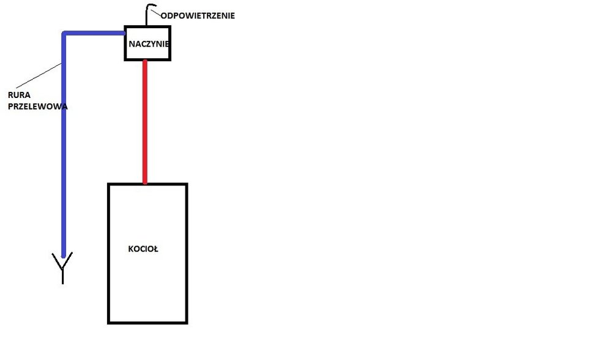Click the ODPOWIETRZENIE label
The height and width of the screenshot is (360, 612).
click(x=197, y=16)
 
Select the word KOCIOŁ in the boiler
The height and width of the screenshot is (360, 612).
click(x=143, y=249)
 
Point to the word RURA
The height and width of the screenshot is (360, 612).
click(x=20, y=96)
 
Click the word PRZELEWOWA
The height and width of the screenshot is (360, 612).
click(x=37, y=106)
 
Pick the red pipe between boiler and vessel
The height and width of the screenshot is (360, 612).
click(x=145, y=122)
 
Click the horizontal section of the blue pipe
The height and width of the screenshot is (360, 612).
click(x=95, y=33)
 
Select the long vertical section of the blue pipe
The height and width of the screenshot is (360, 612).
click(x=64, y=153)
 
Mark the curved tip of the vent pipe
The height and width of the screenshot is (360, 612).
click(x=151, y=6)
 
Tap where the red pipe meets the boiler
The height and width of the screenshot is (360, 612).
click(x=145, y=183)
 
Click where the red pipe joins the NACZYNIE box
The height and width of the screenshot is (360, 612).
click(x=145, y=61)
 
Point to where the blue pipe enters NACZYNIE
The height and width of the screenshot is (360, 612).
click(x=124, y=33)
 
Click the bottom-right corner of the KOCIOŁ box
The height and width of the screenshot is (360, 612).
click(x=186, y=322)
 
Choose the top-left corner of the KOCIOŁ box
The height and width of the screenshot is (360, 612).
click(x=109, y=184)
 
